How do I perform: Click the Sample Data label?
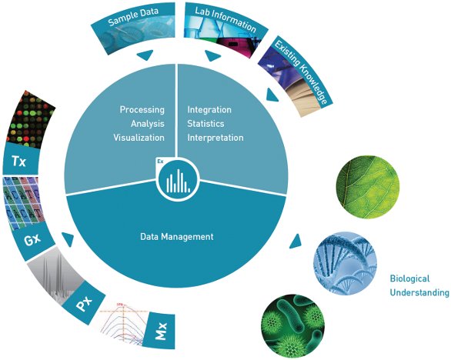(133, 17)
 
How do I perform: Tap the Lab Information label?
(225, 19)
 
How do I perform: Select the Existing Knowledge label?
(301, 72)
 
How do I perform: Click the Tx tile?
(20, 160)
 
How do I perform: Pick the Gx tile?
(32, 239)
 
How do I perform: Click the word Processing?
(142, 109)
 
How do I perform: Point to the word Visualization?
(139, 138)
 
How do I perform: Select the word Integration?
(209, 109)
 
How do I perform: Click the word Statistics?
(205, 124)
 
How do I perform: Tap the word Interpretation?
(215, 138)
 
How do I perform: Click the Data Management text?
(177, 237)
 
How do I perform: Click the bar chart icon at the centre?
(179, 181)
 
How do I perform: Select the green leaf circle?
(368, 187)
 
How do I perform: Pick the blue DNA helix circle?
(345, 264)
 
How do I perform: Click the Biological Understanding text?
(419, 285)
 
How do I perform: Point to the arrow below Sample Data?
(145, 55)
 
